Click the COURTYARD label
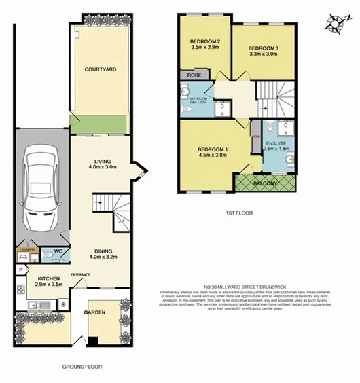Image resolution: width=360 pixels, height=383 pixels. (100, 69)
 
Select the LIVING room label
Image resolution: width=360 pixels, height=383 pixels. (102, 161)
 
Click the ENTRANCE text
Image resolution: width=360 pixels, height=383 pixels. (81, 274)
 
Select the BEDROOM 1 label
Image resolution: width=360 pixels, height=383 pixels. (212, 149)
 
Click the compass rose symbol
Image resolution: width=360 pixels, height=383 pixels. (334, 24)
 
